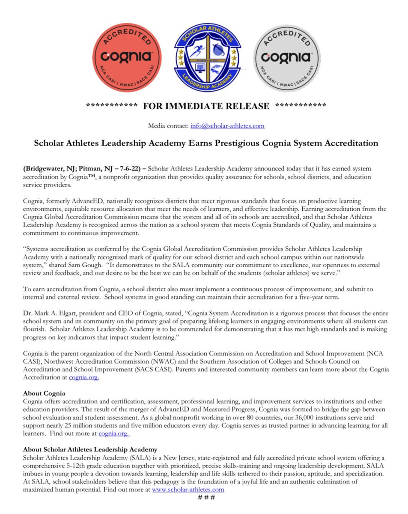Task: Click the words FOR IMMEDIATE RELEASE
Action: pos(206,106)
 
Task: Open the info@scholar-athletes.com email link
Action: pos(229,126)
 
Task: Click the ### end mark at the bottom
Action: pos(206,497)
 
